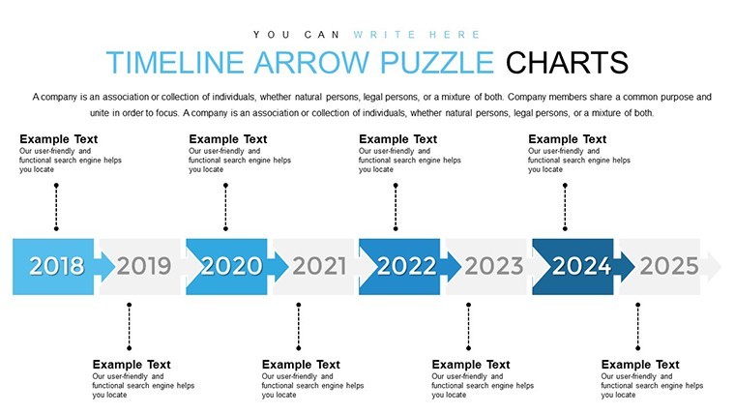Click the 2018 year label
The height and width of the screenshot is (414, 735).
click(57, 266)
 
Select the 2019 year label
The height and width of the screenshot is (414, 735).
click(144, 266)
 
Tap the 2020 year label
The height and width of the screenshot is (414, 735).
click(232, 266)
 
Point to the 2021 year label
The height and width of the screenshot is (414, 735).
click(319, 266)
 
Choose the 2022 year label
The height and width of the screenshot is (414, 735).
click(406, 266)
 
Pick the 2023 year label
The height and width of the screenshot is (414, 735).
click(493, 266)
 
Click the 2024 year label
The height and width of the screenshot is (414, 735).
click(582, 266)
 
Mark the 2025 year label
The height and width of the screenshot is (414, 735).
click(669, 266)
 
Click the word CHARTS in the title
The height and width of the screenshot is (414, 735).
click(567, 62)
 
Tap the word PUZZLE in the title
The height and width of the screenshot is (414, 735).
click(437, 62)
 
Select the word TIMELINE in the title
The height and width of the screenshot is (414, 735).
click(175, 62)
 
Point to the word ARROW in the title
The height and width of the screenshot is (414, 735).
click(311, 62)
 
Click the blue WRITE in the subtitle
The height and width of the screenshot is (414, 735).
click(384, 35)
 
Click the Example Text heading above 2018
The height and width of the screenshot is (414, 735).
click(59, 139)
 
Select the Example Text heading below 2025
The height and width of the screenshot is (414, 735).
click(640, 365)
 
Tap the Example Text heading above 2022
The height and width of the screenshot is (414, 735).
click(398, 139)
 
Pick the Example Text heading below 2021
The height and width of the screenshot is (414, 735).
click(301, 365)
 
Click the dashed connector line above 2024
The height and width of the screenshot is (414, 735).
click(565, 207)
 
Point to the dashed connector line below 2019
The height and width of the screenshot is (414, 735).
click(129, 326)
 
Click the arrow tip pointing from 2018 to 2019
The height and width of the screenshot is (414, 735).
click(115, 266)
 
